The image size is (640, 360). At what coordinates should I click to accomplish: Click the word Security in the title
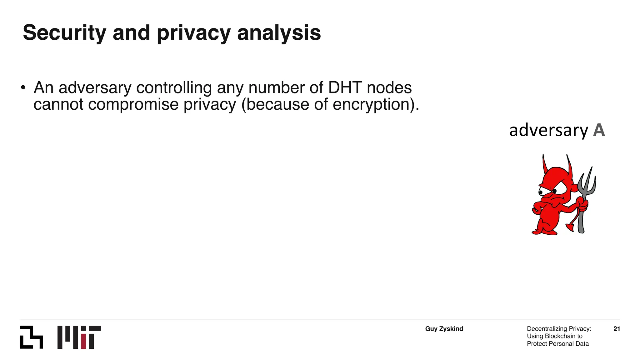[x=64, y=33]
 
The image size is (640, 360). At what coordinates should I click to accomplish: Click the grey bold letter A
[x=599, y=130]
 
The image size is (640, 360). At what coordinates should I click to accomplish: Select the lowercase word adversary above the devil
[x=548, y=130]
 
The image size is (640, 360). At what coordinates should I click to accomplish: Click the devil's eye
[x=554, y=191]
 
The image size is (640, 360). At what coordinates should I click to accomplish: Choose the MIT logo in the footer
[x=79, y=337]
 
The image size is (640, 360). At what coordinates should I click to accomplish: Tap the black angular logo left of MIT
[x=31, y=337]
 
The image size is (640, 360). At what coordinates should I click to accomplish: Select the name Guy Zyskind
[x=444, y=329]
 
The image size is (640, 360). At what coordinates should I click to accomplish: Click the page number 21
[x=617, y=329]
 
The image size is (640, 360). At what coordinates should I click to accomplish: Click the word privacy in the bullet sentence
[x=209, y=104]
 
